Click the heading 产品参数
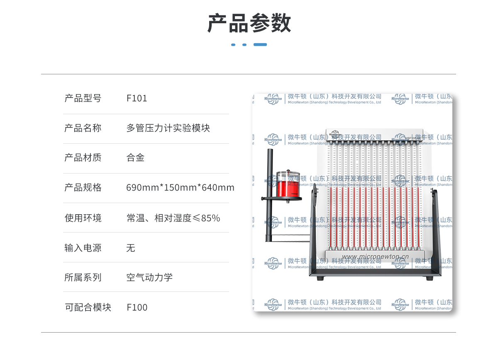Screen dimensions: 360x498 249,23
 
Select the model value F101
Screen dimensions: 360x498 137,98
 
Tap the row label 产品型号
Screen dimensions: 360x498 83,98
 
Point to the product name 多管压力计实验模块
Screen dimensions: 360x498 168,128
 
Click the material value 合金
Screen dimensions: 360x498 135,158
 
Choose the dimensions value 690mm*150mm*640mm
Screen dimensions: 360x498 180,188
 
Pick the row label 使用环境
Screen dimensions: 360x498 83,218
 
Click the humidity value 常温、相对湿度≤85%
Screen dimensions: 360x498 173,218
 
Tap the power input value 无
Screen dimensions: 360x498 131,248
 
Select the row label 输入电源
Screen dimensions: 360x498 83,248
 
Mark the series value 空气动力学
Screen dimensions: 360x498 149,277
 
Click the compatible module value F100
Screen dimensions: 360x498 137,307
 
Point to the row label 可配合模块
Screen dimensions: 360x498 88,307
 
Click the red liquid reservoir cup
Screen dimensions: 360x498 288,185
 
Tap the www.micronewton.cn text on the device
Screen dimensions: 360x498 375,257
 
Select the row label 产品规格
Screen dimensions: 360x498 83,188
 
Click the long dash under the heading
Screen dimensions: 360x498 260,44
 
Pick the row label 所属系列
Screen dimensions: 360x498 83,277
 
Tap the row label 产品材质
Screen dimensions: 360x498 83,158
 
